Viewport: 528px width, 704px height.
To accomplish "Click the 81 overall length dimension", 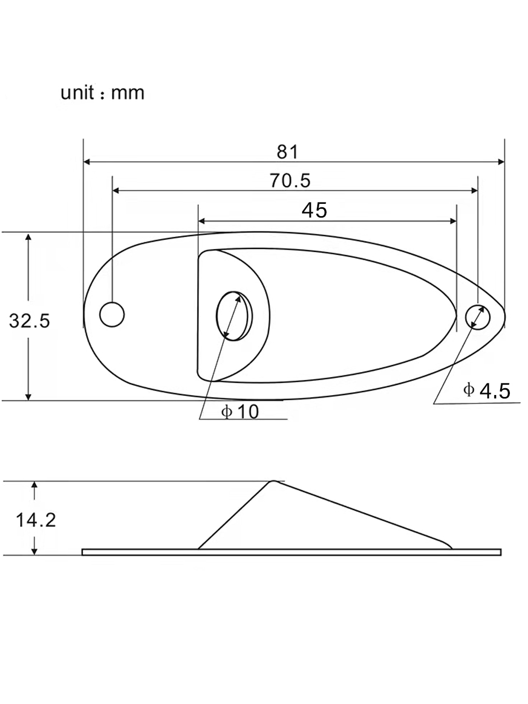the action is point(287,152).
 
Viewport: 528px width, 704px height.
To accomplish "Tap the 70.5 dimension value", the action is point(290,180).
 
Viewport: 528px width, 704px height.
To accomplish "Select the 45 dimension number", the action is point(314,210).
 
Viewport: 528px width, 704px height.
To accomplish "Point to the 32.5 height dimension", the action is point(29,321).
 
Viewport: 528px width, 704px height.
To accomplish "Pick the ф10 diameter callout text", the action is point(240,412).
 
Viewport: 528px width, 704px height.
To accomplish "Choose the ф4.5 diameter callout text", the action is point(486,391).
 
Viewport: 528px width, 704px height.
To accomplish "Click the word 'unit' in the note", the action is point(77,93).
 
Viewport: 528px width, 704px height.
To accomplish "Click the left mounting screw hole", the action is point(112,314).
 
